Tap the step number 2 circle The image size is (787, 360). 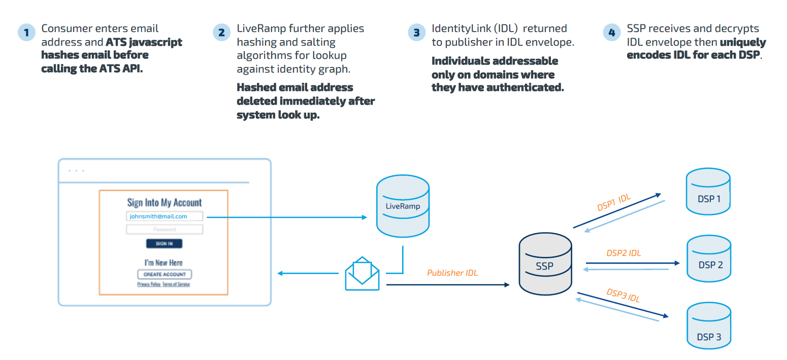tap(221, 32)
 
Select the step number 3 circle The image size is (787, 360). tap(416, 32)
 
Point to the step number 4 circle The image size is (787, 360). tap(611, 32)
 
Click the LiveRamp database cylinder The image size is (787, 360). tap(403, 207)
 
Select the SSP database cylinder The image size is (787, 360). tap(545, 266)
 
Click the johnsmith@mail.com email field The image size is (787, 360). tap(165, 216)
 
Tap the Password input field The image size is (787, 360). tap(165, 230)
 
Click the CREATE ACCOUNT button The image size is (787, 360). tap(165, 274)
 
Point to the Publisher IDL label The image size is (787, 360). tap(452, 273)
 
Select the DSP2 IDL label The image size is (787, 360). tap(624, 253)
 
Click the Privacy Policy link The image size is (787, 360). tap(149, 284)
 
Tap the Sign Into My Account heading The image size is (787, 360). tap(165, 203)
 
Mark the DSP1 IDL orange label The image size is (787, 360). tap(613, 202)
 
